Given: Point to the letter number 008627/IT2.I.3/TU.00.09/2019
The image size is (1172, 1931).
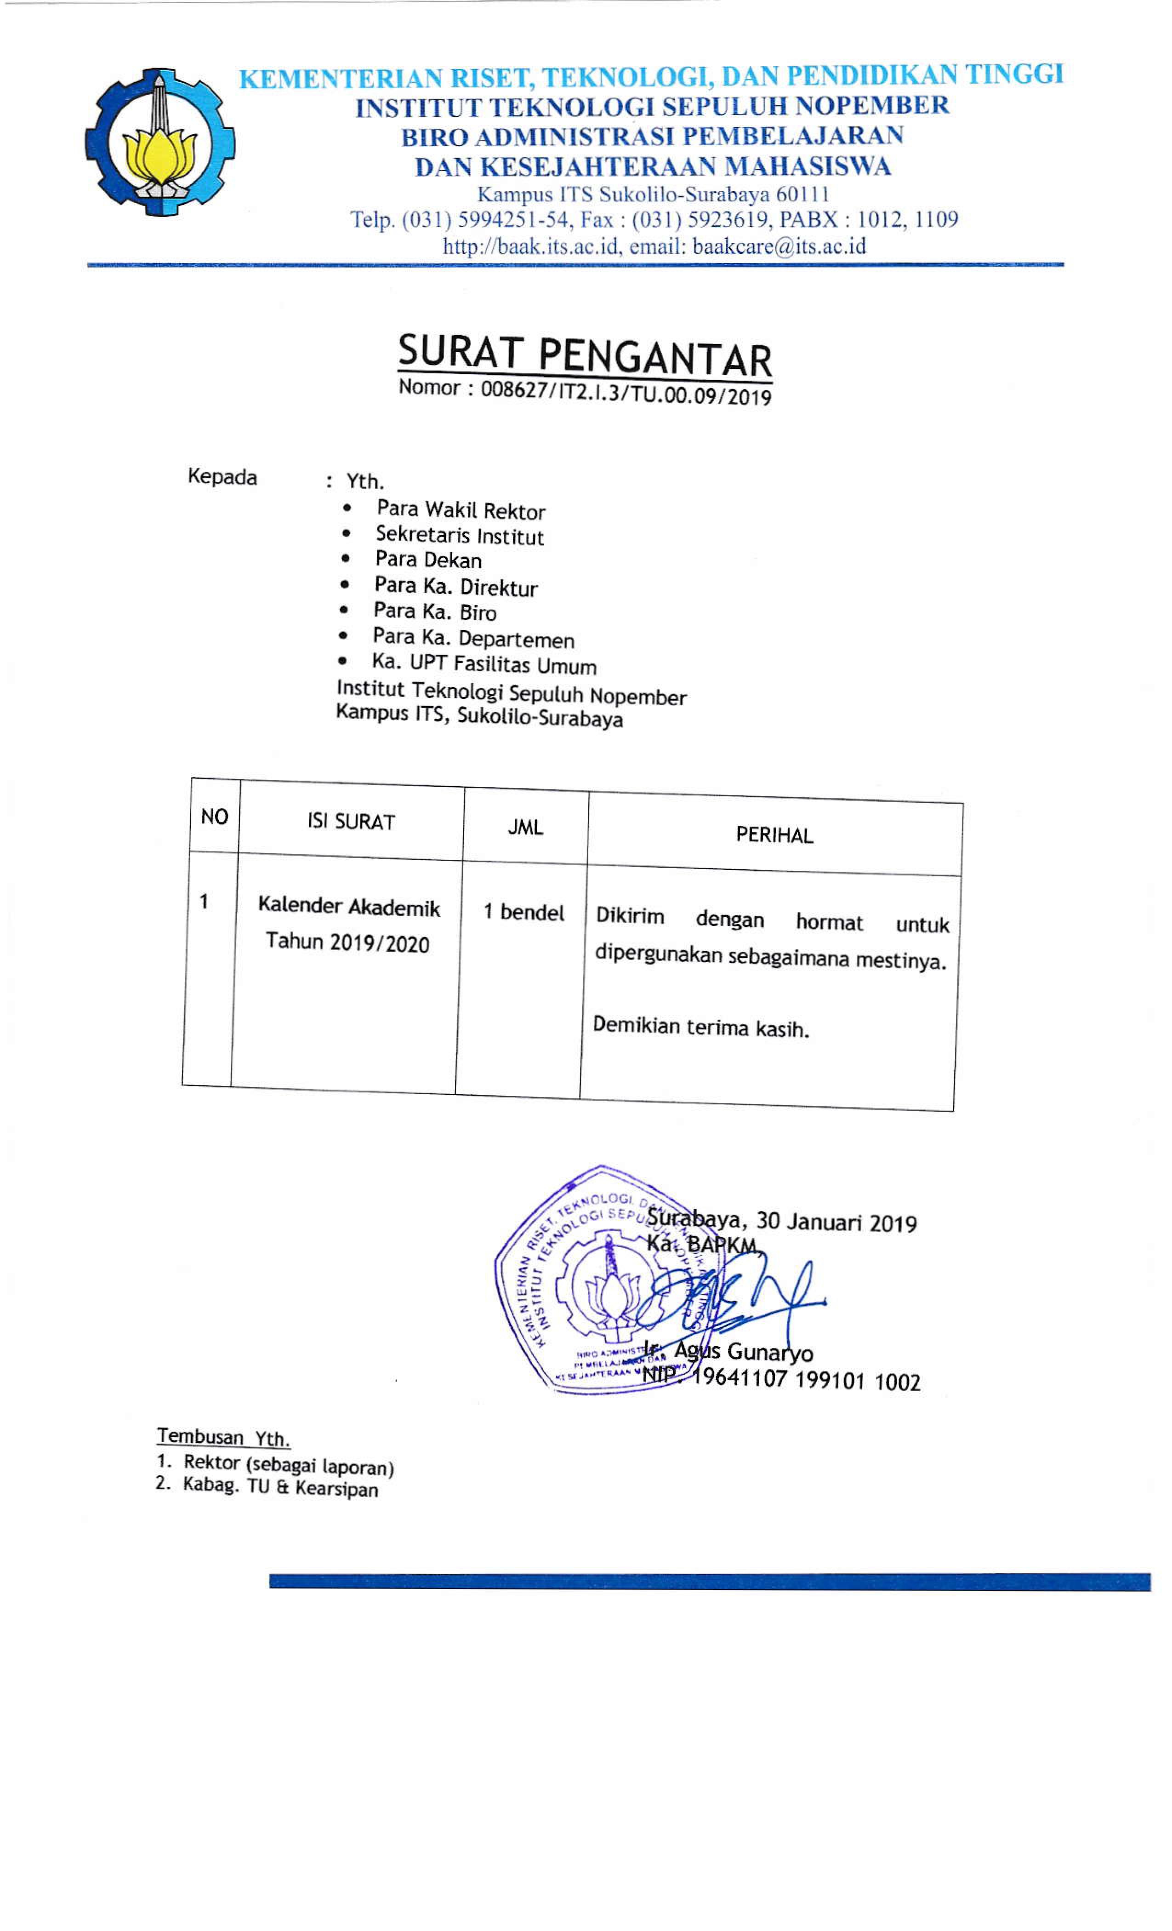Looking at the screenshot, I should pos(625,392).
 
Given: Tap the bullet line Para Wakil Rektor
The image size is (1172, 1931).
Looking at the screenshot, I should pos(460,510).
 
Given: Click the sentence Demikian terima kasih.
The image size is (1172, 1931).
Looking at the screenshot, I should pos(700,1027).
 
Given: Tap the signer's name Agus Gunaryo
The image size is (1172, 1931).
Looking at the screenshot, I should pos(743,1351).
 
